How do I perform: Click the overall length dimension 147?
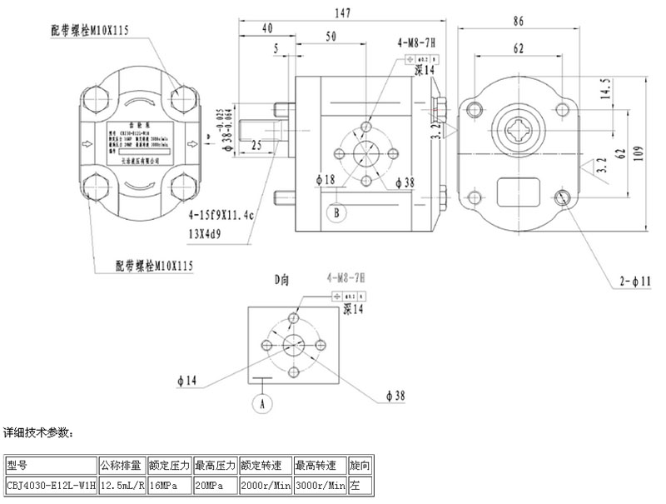(x=341, y=12)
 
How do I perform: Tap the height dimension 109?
(x=657, y=152)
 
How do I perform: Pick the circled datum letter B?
(x=336, y=213)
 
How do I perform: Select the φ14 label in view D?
(x=187, y=382)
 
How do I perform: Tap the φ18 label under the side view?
(x=325, y=180)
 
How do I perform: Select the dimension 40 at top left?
(x=267, y=28)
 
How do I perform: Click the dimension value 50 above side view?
(x=331, y=37)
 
